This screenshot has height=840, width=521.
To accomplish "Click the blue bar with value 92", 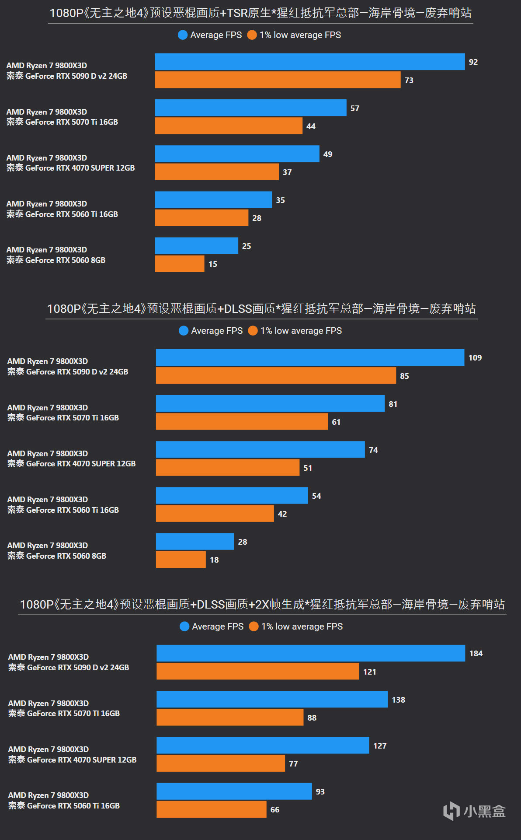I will click(x=309, y=62).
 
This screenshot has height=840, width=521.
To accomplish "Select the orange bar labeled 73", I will click(x=278, y=80).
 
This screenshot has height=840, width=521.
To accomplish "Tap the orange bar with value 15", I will click(x=179, y=264).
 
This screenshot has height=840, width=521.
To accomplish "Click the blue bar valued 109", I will click(x=310, y=357).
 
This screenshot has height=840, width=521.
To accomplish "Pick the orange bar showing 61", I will click(x=242, y=421).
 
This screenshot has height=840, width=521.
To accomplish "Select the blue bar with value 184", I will click(x=310, y=653).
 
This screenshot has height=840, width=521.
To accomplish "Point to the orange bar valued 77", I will click(x=221, y=763).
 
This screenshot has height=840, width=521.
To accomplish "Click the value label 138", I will click(x=398, y=700).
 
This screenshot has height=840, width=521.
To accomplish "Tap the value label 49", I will click(x=328, y=154).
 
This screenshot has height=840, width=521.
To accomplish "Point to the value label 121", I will click(x=369, y=672).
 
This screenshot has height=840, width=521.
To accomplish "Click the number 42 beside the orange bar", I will click(x=282, y=514).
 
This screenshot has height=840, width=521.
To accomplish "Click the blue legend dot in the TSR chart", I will click(x=183, y=35).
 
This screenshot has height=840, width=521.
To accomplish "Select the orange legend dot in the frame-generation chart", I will click(x=254, y=626).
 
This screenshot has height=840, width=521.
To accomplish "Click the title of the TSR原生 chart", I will click(x=260, y=13).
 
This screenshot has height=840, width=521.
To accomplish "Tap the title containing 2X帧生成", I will click(x=262, y=605).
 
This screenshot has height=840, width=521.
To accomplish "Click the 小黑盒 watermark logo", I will click(x=474, y=811).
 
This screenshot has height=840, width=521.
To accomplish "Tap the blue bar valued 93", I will click(x=234, y=791).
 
